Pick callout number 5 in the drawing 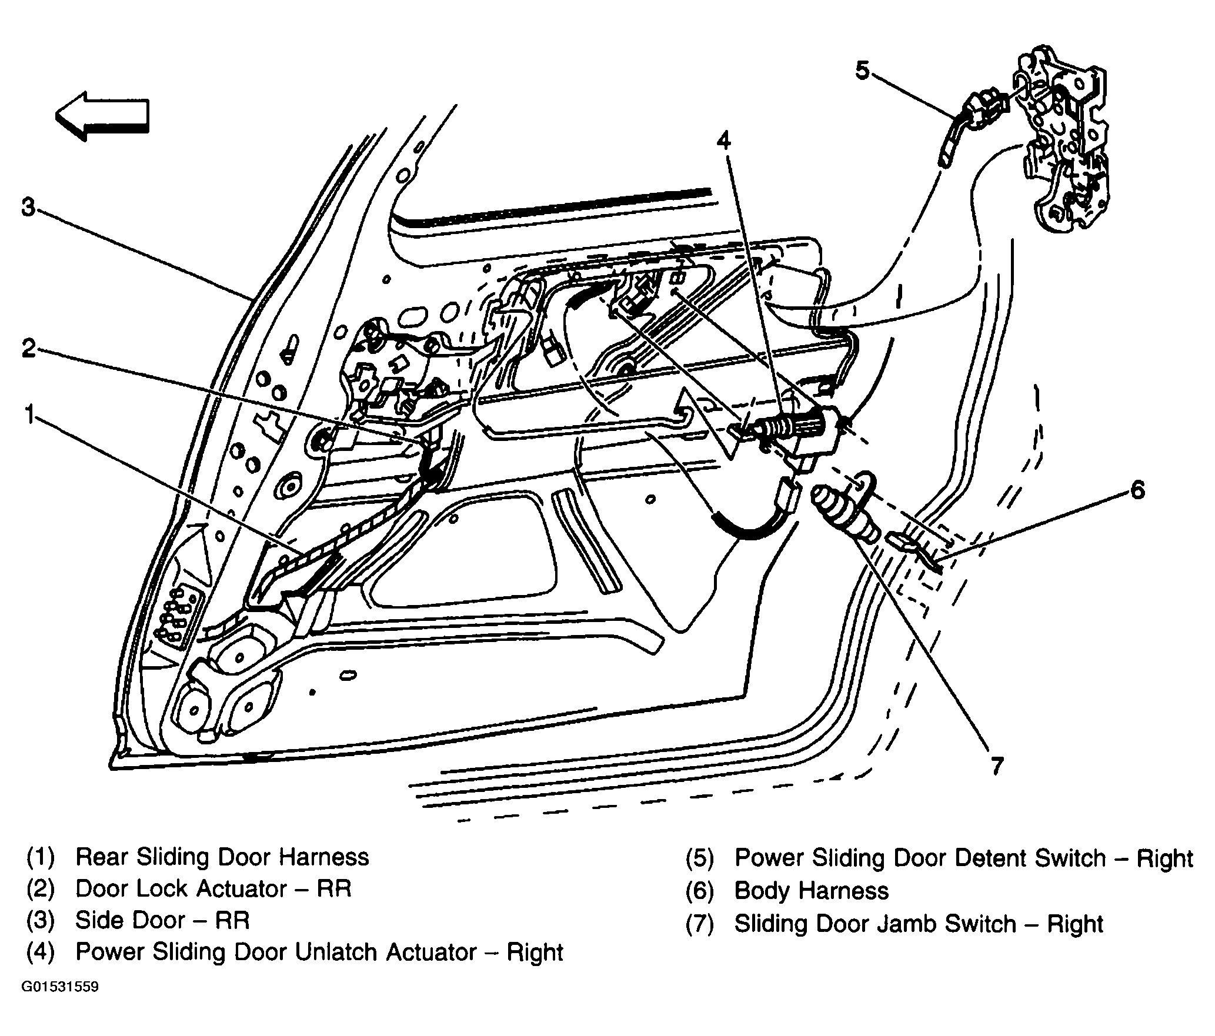click(x=862, y=71)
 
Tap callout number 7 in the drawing click(x=996, y=765)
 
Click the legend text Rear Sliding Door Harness click(x=222, y=857)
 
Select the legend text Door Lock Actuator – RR click(x=213, y=888)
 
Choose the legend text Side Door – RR click(x=162, y=920)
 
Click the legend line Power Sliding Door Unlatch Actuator click(x=319, y=952)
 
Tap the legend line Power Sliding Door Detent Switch click(x=964, y=858)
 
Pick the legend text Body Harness click(x=812, y=891)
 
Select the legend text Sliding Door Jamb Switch click(x=918, y=923)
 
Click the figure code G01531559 click(x=60, y=987)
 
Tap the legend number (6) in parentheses click(x=699, y=891)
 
